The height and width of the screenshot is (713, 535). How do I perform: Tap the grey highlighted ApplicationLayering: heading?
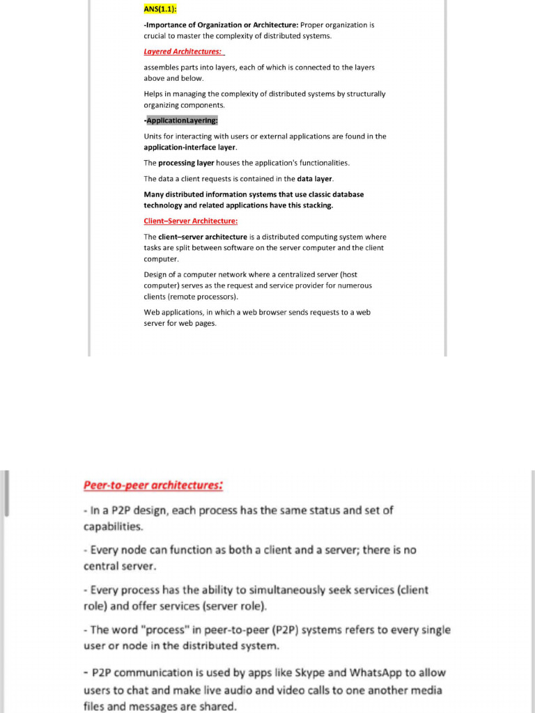point(182,120)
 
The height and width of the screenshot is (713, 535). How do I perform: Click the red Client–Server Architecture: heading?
point(190,221)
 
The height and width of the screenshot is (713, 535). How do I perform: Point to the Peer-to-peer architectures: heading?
point(153,485)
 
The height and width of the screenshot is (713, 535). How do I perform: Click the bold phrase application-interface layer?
point(189,148)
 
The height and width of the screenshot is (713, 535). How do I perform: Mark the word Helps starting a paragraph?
point(154,94)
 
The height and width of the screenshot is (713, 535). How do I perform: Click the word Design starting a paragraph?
point(156,274)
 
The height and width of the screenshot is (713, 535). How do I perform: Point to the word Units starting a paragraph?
point(153,136)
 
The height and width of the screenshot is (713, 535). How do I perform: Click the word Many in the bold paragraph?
point(155,195)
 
